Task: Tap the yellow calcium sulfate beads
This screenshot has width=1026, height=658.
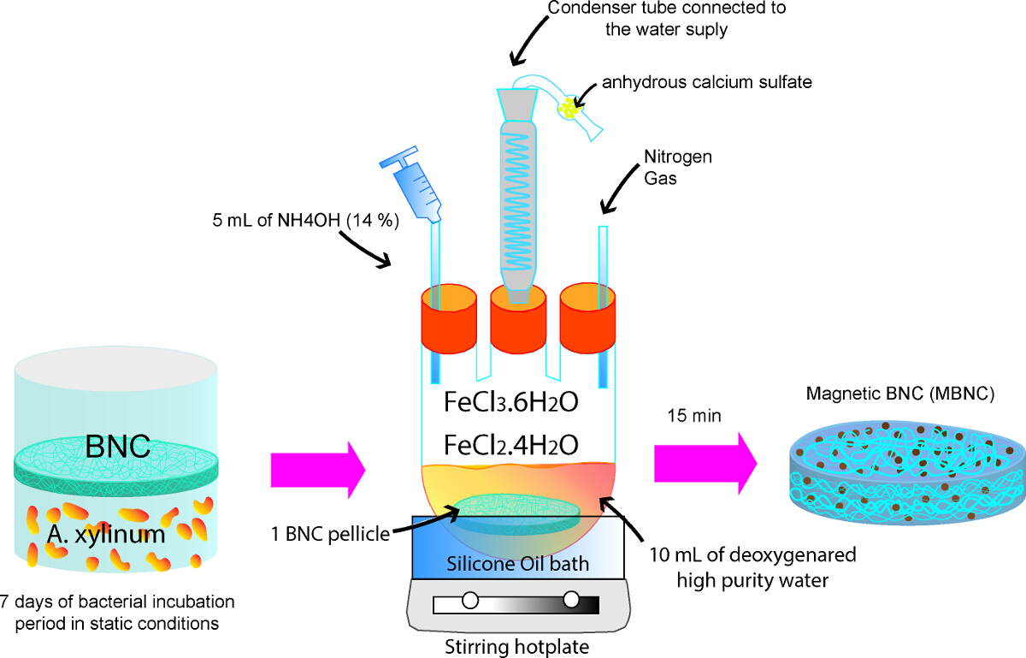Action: pyautogui.click(x=569, y=108)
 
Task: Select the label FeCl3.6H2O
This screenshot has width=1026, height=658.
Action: pyautogui.click(x=511, y=402)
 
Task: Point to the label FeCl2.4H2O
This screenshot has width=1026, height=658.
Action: pyautogui.click(x=511, y=445)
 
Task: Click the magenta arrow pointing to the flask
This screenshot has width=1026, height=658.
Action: pyautogui.click(x=318, y=470)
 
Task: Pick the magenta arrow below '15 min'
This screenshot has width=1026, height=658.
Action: pyautogui.click(x=705, y=464)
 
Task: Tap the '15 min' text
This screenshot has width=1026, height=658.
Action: pyautogui.click(x=694, y=416)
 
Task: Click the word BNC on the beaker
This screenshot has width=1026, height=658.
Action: pyautogui.click(x=118, y=446)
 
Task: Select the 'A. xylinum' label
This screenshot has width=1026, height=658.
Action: pyautogui.click(x=106, y=535)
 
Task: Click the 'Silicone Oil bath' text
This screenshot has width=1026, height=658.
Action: pyautogui.click(x=517, y=564)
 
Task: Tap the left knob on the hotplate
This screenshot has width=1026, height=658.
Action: pyautogui.click(x=470, y=600)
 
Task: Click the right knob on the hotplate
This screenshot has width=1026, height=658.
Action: pyautogui.click(x=571, y=599)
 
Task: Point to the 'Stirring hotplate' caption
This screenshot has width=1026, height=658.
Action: pyautogui.click(x=517, y=647)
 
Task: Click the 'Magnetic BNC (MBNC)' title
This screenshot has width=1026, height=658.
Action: pyautogui.click(x=900, y=394)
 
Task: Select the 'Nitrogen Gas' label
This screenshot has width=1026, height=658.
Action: pyautogui.click(x=678, y=168)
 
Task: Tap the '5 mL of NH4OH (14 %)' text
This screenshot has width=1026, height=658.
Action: pyautogui.click(x=305, y=221)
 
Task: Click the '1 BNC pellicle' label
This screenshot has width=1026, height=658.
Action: pyautogui.click(x=330, y=535)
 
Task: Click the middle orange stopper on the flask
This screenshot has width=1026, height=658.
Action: pyautogui.click(x=518, y=318)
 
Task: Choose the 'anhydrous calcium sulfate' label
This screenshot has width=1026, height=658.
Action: pyautogui.click(x=707, y=82)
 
